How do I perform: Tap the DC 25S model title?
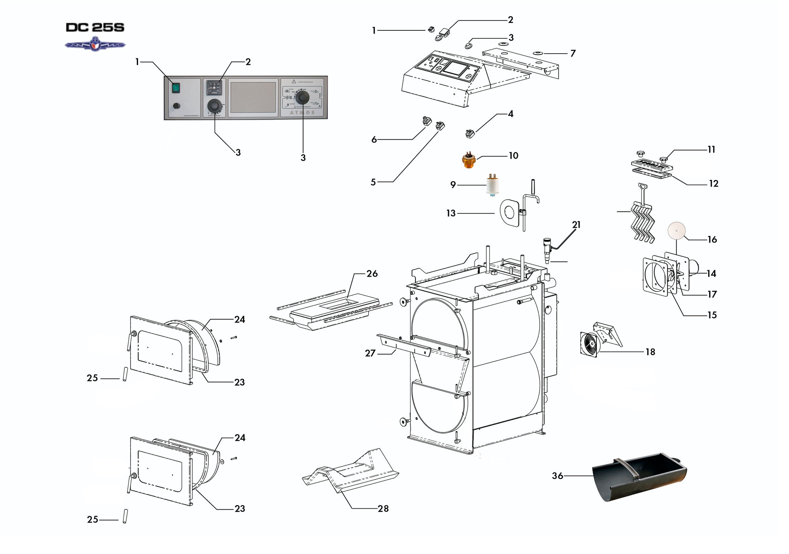pyautogui.click(x=95, y=27)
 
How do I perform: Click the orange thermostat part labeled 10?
pyautogui.click(x=469, y=161)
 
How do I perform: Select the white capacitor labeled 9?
pyautogui.click(x=492, y=185)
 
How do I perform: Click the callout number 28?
pyautogui.click(x=383, y=509)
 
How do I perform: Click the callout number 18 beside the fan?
pyautogui.click(x=650, y=352)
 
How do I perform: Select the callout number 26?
pyautogui.click(x=372, y=273)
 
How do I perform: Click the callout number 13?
pyautogui.click(x=451, y=213)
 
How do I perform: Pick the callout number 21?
pyautogui.click(x=576, y=225)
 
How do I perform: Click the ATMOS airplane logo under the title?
pyautogui.click(x=95, y=44)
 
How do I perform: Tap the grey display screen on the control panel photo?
pyautogui.click(x=253, y=97)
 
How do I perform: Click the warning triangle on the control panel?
pyautogui.click(x=294, y=81)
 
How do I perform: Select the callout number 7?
pyautogui.click(x=573, y=53)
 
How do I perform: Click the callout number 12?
pyautogui.click(x=714, y=183)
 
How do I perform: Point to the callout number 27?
pyautogui.click(x=370, y=353)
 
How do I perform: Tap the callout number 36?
pyautogui.click(x=557, y=476)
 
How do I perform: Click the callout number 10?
pyautogui.click(x=513, y=155)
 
